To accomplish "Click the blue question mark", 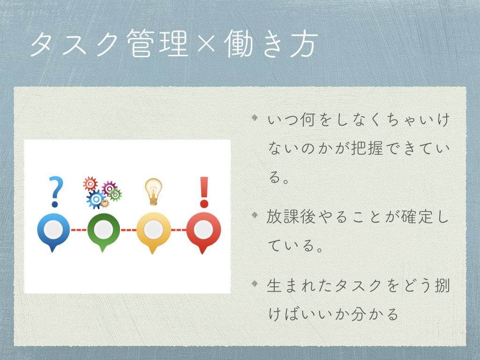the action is [x=56, y=192].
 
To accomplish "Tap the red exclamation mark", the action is [x=204, y=192].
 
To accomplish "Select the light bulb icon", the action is [x=153, y=192].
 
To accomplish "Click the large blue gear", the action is [x=96, y=199].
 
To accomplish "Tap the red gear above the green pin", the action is [x=90, y=184].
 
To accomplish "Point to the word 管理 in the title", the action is [x=157, y=43].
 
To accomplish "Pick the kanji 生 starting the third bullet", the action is [x=275, y=285].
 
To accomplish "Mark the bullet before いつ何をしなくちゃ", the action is [x=255, y=118].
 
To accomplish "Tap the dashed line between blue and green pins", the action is [x=79, y=230].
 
